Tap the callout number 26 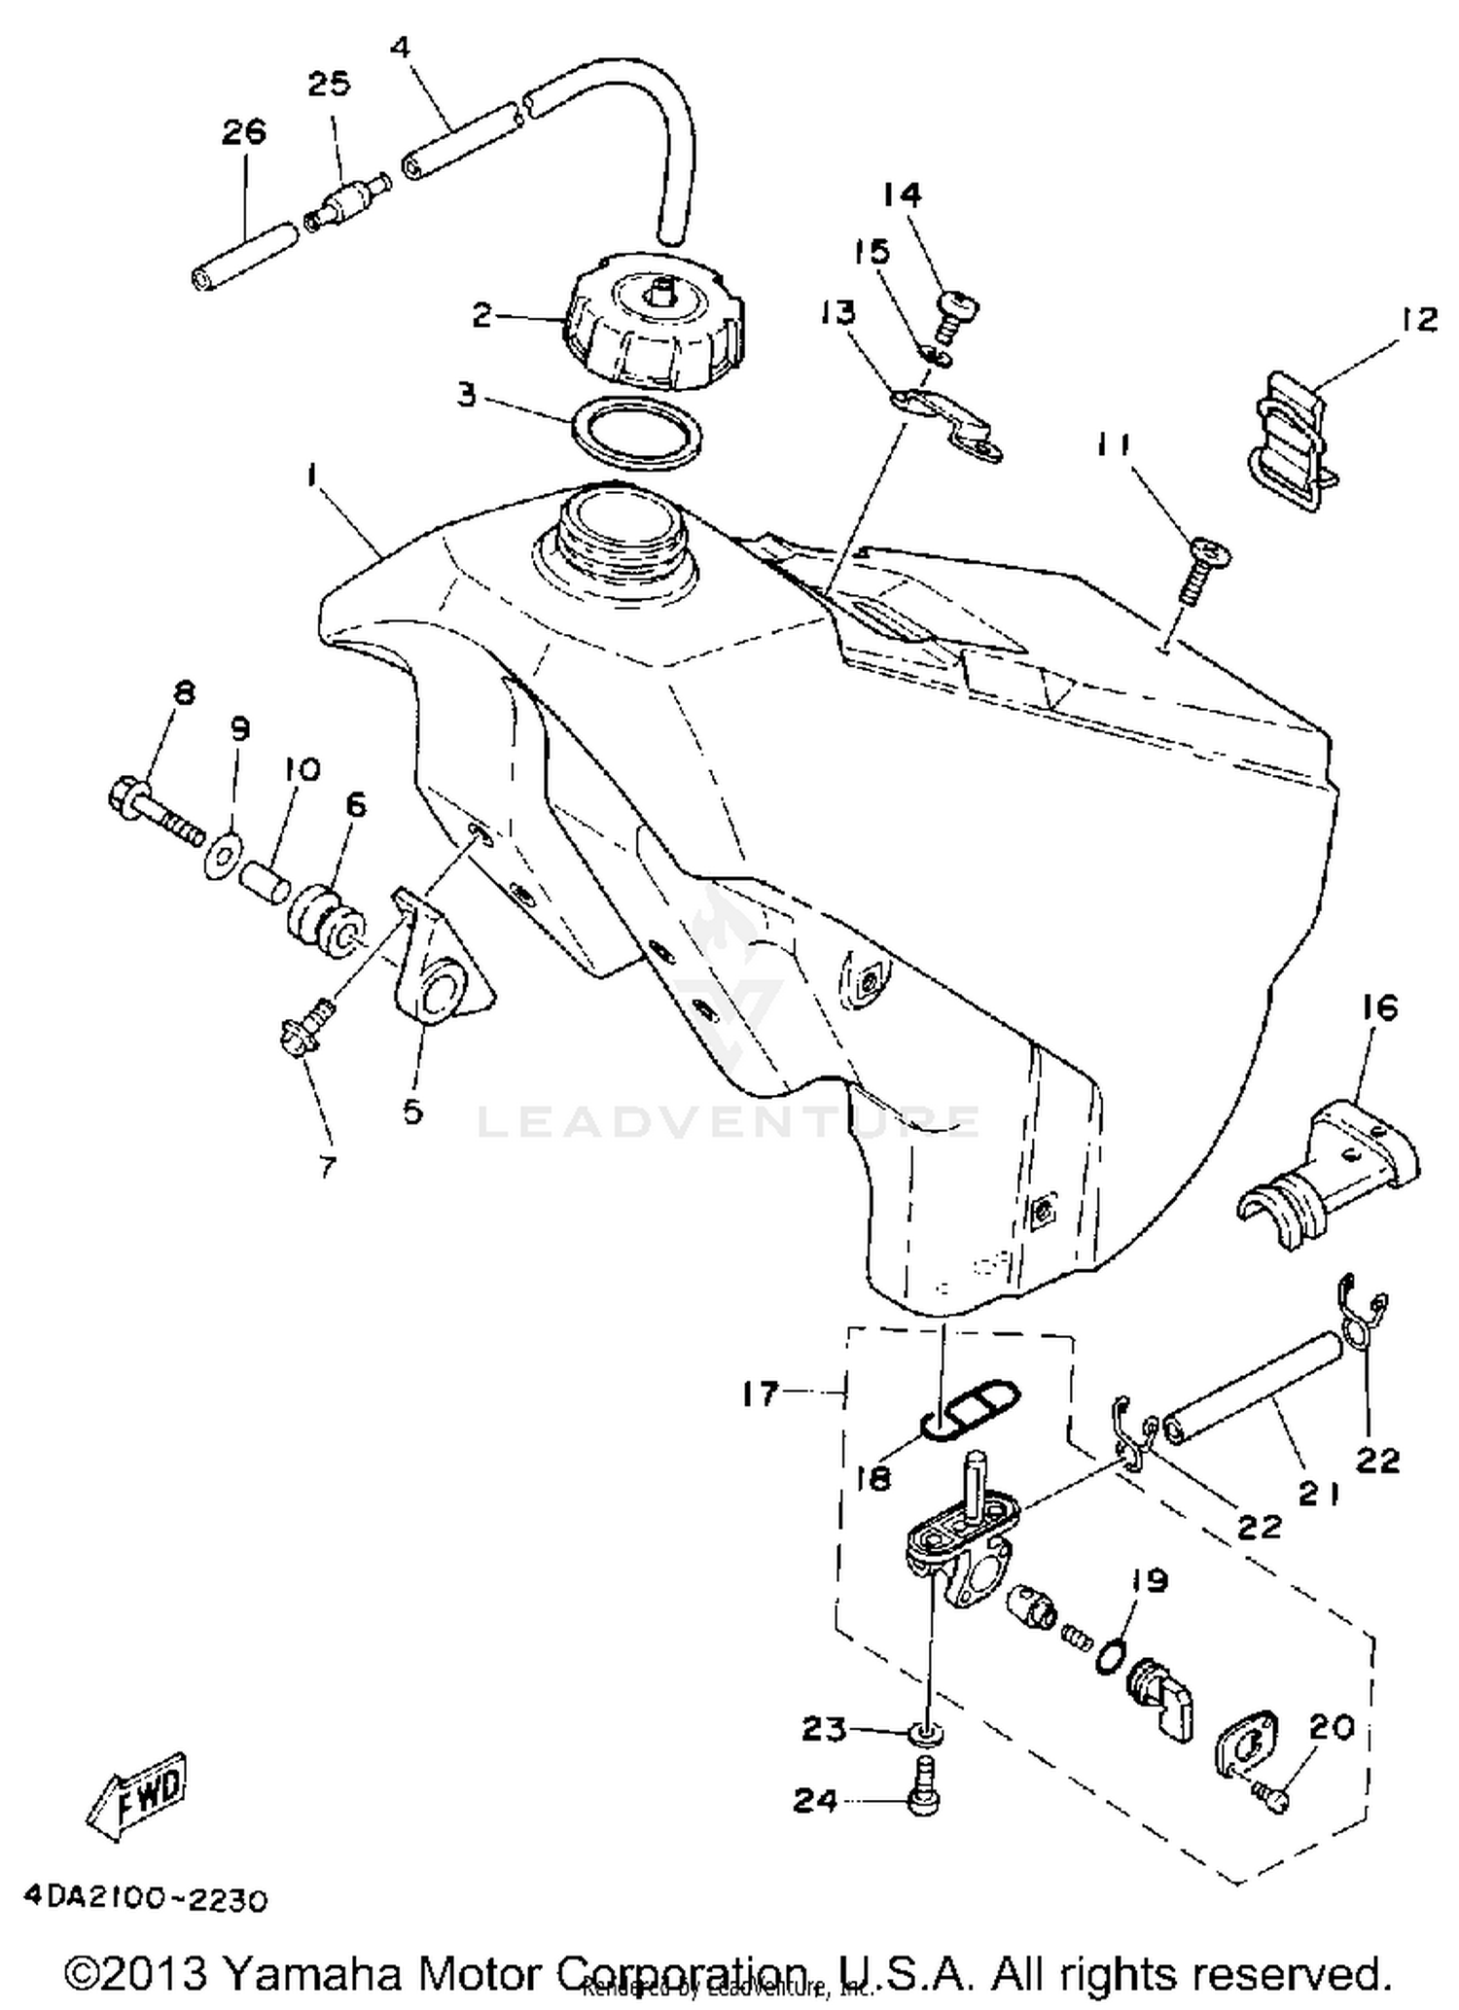[244, 131]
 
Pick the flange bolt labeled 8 [156, 807]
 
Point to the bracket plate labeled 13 [948, 426]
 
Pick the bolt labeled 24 [922, 1797]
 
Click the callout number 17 [761, 1393]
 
